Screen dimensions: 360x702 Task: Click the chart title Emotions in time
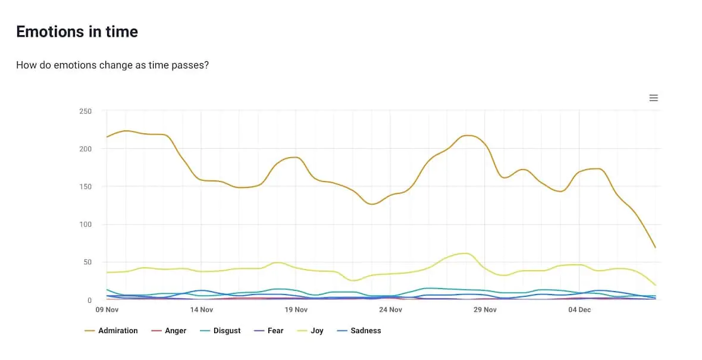coord(77,32)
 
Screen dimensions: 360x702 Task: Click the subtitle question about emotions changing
coord(112,65)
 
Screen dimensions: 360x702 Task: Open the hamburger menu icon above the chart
coord(653,98)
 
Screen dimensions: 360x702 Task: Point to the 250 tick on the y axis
coord(85,111)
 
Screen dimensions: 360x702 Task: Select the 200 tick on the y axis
coord(85,149)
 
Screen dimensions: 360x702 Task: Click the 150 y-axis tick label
coord(85,187)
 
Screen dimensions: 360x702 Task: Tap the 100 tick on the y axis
coord(85,224)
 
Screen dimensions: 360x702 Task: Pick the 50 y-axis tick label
coord(87,262)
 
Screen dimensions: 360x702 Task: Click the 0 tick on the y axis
coord(89,300)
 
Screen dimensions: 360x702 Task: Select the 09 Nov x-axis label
coord(107,310)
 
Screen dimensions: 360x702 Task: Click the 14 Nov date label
coord(202,310)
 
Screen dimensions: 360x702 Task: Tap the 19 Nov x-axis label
coord(296,310)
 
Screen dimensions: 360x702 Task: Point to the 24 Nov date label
coord(391,310)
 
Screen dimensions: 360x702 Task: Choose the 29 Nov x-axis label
coord(485,310)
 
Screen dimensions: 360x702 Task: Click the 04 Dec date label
coord(579,310)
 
